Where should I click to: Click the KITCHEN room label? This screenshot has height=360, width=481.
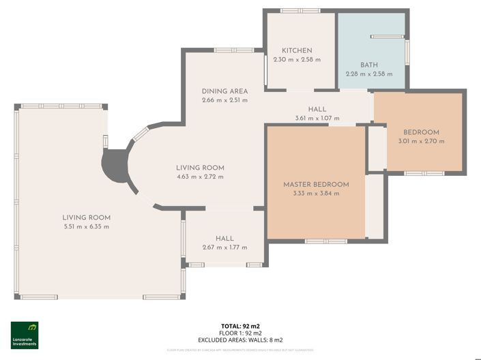(x=297, y=50)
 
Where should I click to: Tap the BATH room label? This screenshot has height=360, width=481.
(x=369, y=65)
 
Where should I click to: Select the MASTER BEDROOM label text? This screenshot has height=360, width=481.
(x=316, y=184)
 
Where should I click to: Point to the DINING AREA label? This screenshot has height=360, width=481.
(x=224, y=91)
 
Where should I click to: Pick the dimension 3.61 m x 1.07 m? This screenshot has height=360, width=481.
(x=317, y=118)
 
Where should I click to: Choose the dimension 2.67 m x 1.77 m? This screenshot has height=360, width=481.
(x=224, y=247)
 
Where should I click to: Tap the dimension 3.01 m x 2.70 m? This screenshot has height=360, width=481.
(x=421, y=141)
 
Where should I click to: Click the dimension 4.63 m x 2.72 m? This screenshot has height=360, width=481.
(x=200, y=177)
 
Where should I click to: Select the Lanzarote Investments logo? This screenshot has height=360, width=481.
(x=25, y=335)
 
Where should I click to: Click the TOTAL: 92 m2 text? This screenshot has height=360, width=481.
(x=240, y=326)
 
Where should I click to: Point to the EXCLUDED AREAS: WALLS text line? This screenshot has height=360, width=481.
(x=240, y=339)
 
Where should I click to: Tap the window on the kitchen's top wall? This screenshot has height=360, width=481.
(x=300, y=11)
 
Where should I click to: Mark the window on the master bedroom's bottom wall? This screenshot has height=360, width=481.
(x=325, y=241)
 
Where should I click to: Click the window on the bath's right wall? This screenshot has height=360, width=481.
(x=407, y=51)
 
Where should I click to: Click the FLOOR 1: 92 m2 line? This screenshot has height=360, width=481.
(x=240, y=333)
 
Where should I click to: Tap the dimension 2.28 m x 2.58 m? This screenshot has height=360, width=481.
(x=369, y=74)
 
